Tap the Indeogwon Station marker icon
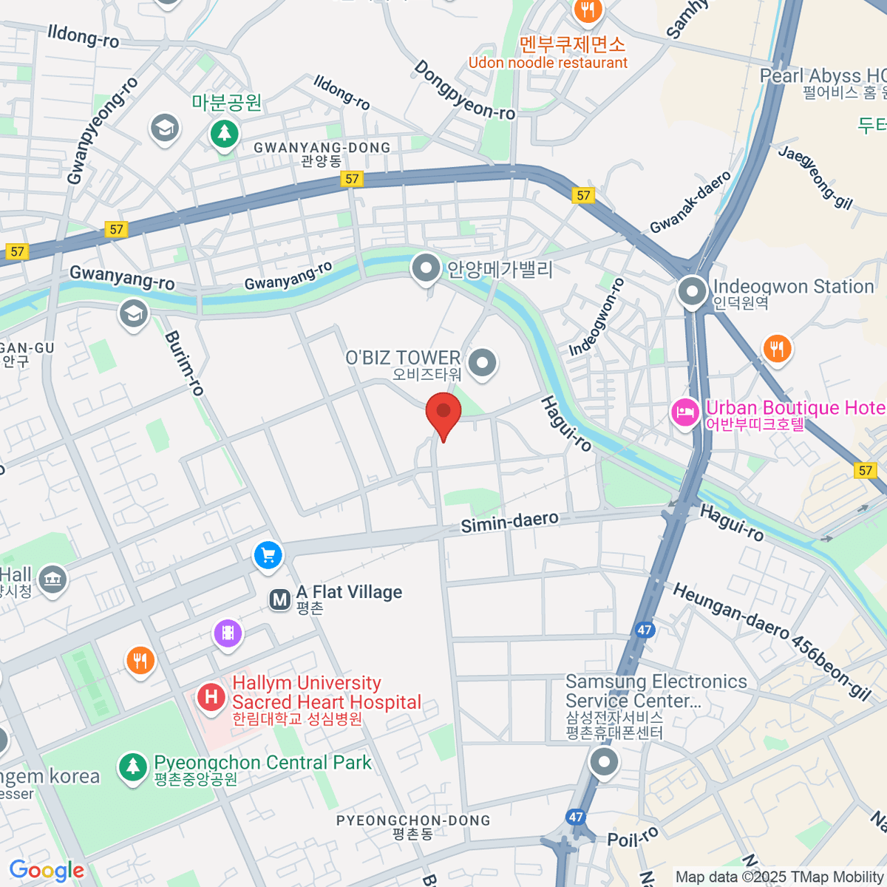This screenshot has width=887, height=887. (x=693, y=291)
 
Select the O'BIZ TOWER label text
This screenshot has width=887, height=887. (x=403, y=358)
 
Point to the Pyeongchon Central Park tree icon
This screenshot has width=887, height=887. (x=133, y=767)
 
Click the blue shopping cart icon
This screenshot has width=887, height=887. (x=268, y=556)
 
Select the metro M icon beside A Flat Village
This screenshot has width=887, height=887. (x=280, y=599)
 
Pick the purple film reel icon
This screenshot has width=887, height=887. (x=228, y=633)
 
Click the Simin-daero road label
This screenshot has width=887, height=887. (x=509, y=522)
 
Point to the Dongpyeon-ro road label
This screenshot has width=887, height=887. (x=464, y=91)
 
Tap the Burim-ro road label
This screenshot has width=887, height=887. (x=184, y=363)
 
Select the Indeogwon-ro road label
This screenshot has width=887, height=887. (x=597, y=316)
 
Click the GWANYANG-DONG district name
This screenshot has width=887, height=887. (x=322, y=148)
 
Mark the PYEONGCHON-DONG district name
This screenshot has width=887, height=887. (x=412, y=820)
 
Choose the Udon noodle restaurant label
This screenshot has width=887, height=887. (x=548, y=63)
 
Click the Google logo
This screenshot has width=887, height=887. (x=47, y=870)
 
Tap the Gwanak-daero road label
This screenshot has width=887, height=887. (x=690, y=202)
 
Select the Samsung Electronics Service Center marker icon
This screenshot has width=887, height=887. (x=605, y=761)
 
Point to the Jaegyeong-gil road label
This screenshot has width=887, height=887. (x=815, y=177)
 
